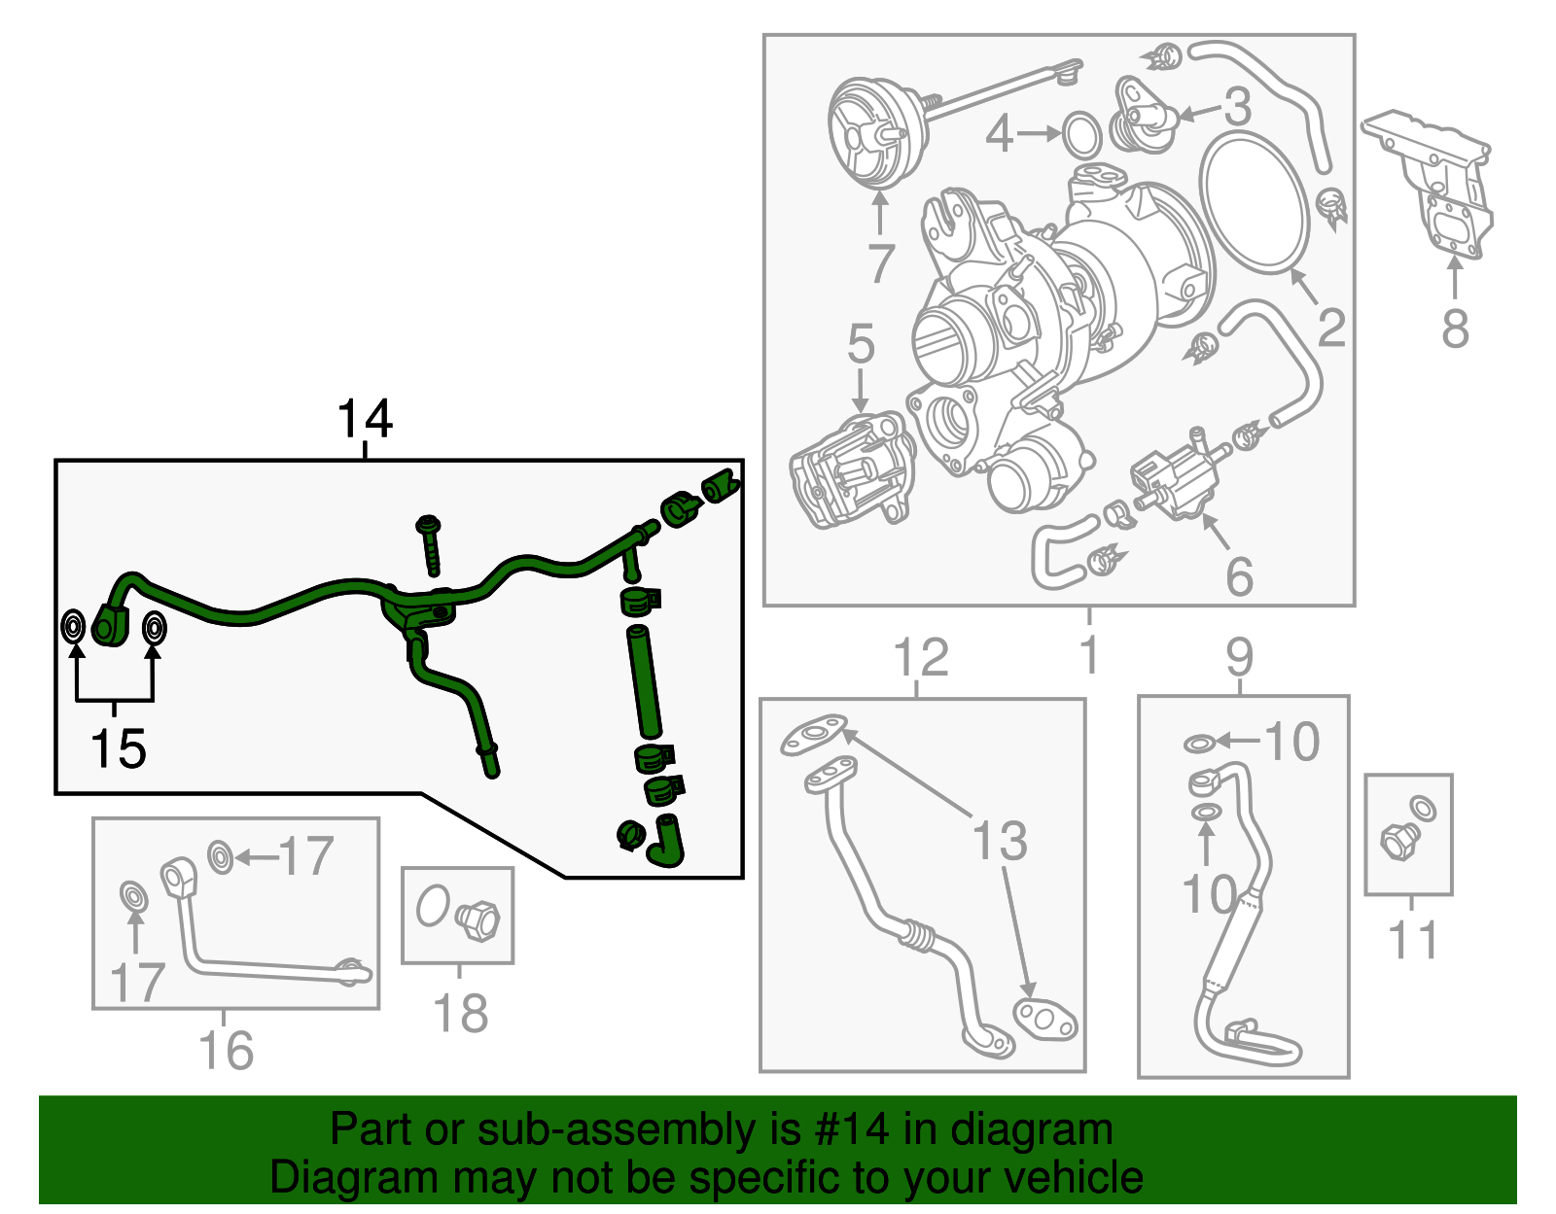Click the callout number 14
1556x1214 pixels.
[365, 419]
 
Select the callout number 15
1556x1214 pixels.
[119, 748]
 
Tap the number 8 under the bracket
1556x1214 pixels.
[1455, 329]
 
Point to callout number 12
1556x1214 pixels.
[921, 657]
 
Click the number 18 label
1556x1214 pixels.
[460, 1013]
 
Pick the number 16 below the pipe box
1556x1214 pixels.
[227, 1050]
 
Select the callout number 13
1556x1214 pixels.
[1000, 840]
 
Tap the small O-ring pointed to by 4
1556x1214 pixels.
[1080, 134]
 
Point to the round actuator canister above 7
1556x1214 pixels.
[878, 134]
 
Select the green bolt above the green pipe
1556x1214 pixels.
[431, 546]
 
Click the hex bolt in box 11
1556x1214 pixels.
[1399, 842]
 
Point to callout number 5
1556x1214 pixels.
[861, 343]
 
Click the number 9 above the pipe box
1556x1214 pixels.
[1240, 657]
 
